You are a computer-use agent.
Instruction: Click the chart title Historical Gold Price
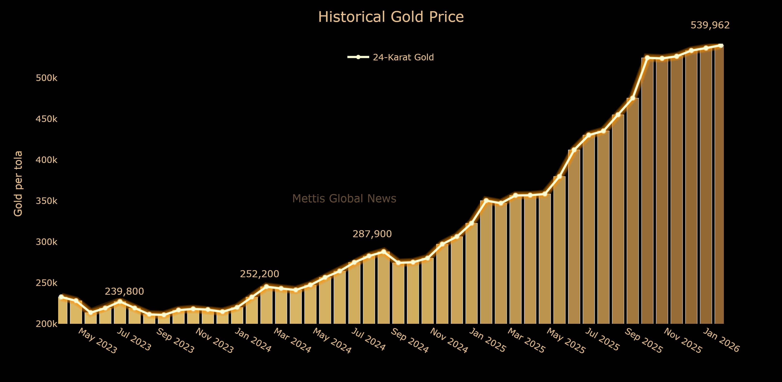[391, 17]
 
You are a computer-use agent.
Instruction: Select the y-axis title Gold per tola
[18, 184]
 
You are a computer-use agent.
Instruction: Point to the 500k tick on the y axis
[47, 78]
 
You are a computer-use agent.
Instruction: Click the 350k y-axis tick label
[47, 201]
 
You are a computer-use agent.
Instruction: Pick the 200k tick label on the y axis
[47, 324]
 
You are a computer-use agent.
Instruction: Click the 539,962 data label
[710, 25]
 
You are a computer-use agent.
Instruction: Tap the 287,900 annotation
[372, 234]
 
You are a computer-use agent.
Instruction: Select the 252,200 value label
[259, 274]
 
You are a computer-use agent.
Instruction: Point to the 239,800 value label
[124, 292]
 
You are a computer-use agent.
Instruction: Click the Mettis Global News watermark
[344, 198]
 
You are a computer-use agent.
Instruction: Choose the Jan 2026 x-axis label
[721, 340]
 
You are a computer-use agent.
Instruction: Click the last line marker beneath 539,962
[721, 46]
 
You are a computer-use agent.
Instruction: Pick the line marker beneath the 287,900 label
[384, 252]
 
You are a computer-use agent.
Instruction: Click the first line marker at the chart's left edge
[61, 297]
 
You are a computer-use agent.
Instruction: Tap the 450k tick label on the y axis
[47, 119]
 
